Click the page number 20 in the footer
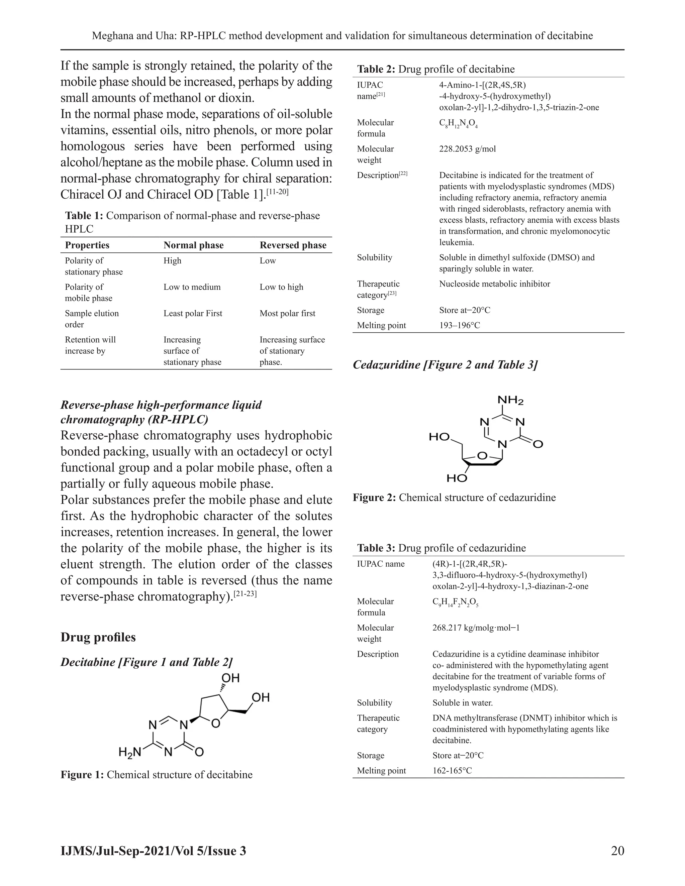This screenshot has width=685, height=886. click(617, 850)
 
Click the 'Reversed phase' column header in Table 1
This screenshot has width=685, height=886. click(293, 245)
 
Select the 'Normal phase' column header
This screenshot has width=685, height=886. click(193, 245)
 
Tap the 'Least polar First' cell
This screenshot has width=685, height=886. click(193, 313)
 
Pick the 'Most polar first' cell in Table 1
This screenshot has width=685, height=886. click(287, 313)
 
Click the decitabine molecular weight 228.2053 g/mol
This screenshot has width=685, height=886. click(467, 149)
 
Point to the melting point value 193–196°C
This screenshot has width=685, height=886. click(459, 325)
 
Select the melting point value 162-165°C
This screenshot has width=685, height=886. click(452, 770)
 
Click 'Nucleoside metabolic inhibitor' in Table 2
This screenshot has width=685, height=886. click(494, 284)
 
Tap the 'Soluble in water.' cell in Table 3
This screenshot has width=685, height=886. click(462, 703)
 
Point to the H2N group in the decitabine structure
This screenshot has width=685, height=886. click(129, 753)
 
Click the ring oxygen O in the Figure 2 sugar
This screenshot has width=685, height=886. click(482, 456)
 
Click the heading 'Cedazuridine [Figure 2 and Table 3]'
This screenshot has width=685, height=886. click(445, 365)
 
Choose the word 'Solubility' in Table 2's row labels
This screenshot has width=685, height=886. click(374, 257)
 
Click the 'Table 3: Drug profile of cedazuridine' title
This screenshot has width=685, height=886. click(441, 548)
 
